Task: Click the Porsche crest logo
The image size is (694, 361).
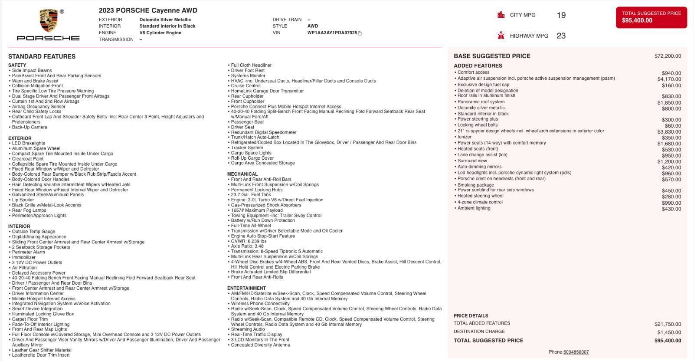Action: click(48, 20)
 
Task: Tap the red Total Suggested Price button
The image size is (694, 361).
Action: click(651, 17)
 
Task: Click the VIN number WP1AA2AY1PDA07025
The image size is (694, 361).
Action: click(332, 33)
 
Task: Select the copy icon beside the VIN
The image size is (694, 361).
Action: click(360, 33)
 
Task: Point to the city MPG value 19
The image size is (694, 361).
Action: click(561, 15)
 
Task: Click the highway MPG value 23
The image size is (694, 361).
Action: click(561, 36)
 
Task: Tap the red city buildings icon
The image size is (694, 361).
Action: click(501, 15)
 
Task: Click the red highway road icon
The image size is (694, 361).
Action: click(501, 36)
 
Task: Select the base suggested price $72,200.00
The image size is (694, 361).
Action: click(668, 56)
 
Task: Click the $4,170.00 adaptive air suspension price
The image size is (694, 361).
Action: click(669, 79)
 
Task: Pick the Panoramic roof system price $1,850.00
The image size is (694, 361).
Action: click(669, 103)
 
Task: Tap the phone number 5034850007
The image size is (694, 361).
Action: click(576, 352)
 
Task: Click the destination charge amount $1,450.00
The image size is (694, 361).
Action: click(669, 332)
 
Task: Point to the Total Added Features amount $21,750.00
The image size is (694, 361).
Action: click(668, 324)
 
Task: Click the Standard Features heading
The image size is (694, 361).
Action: click(42, 56)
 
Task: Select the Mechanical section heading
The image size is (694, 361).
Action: click(242, 174)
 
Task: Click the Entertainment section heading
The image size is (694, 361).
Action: click(246, 288)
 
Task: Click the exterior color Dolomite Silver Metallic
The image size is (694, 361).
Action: click(165, 20)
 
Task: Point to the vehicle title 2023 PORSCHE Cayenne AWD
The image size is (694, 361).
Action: click(148, 10)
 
